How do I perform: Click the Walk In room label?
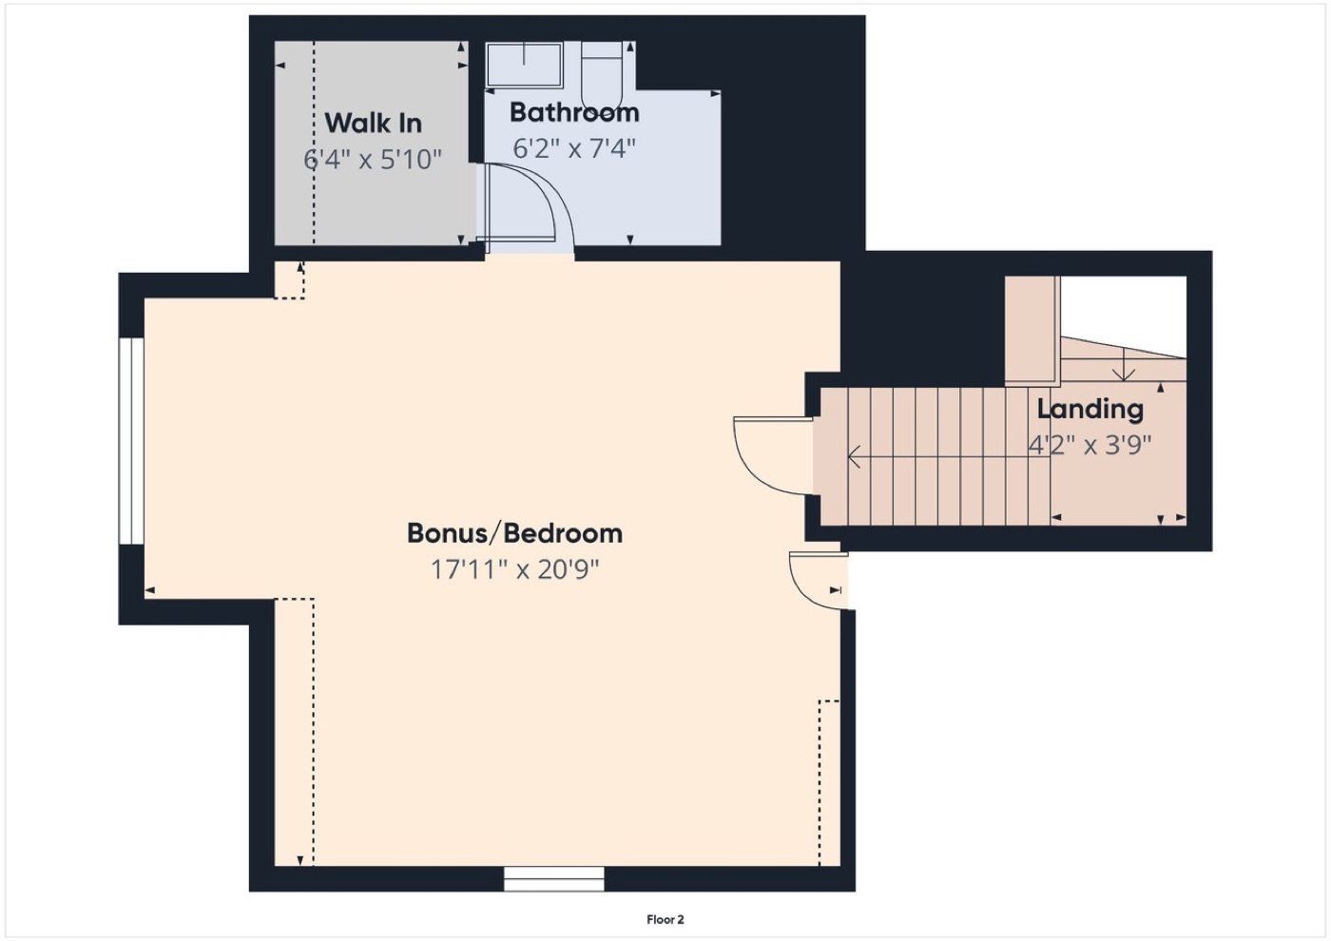(373, 123)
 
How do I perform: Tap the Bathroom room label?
(574, 112)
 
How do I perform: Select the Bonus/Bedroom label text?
(514, 533)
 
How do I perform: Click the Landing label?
(1090, 410)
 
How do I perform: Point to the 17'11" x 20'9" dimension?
(514, 569)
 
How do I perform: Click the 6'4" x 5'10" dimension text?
(373, 160)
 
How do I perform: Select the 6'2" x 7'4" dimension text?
(574, 148)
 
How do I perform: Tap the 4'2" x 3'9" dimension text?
(1090, 445)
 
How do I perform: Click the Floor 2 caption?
(665, 920)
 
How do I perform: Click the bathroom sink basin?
(524, 65)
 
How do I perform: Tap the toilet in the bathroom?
(601, 75)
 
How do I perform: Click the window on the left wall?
(131, 441)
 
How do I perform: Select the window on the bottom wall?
(553, 878)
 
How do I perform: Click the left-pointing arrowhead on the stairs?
(854, 457)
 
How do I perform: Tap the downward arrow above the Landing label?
(1123, 364)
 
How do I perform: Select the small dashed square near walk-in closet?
(289, 279)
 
